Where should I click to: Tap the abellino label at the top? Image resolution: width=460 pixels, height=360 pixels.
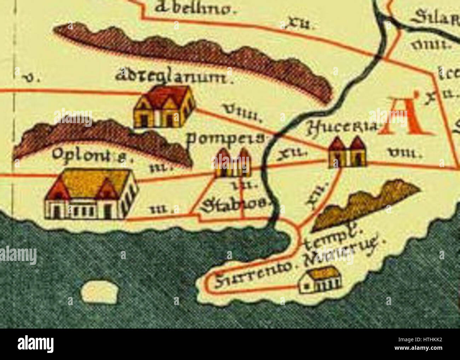click(194, 9)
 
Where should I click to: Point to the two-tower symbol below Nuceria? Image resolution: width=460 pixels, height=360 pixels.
click(347, 152)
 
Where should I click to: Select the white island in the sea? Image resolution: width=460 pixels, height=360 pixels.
click(99, 292)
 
